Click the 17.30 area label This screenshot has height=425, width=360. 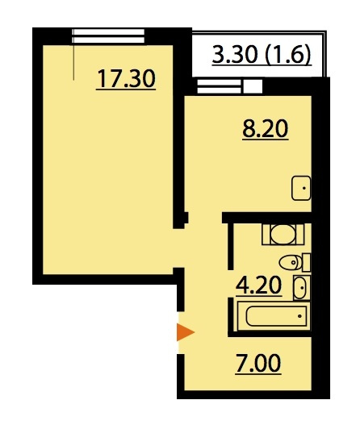coord(126,79)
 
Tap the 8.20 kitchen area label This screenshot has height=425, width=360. coord(266,130)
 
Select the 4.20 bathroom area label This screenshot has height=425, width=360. coord(258,285)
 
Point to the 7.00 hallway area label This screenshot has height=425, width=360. coord(258,364)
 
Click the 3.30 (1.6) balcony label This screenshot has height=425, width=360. coord(262,55)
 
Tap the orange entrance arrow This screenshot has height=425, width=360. coord(186,331)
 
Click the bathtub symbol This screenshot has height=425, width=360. coord(274,316)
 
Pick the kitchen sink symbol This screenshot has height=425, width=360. coord(301,188)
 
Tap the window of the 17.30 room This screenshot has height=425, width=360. coord(108,36)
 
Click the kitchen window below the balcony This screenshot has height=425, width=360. coord(220,86)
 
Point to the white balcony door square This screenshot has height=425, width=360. coord(253,86)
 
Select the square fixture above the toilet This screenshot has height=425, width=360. coord(283,235)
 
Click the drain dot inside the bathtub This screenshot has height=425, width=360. coord(299,316)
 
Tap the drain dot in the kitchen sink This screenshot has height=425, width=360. coord(304,188)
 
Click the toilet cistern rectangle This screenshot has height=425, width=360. coord(306,262)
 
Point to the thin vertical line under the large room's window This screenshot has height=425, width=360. coord(73,62)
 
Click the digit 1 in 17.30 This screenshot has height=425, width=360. coord(102,78)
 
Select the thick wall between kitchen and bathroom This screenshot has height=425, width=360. coord(266,218)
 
